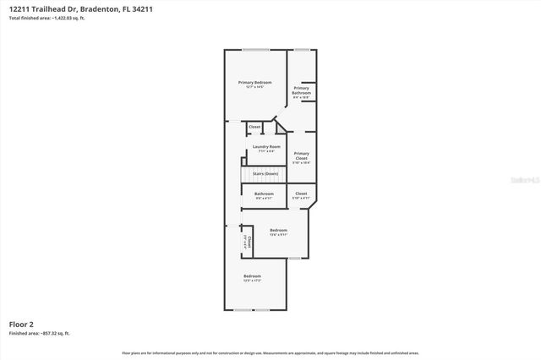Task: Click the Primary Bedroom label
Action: pyautogui.click(x=254, y=82)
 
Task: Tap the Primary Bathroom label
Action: pyautogui.click(x=302, y=90)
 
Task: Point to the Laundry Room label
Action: pyautogui.click(x=266, y=147)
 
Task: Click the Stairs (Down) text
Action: pyautogui.click(x=265, y=174)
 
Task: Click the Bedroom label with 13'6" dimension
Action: pyautogui.click(x=278, y=231)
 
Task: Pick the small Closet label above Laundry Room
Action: pyautogui.click(x=254, y=127)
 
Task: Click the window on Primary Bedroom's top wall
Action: pyautogui.click(x=255, y=50)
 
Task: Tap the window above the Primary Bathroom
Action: pyautogui.click(x=302, y=50)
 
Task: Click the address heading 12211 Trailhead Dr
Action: pyautogui.click(x=43, y=8)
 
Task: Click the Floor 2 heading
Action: pyautogui.click(x=22, y=324)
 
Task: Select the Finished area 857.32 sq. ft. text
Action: pyautogui.click(x=40, y=334)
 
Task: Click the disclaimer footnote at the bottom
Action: pyautogui.click(x=270, y=352)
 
